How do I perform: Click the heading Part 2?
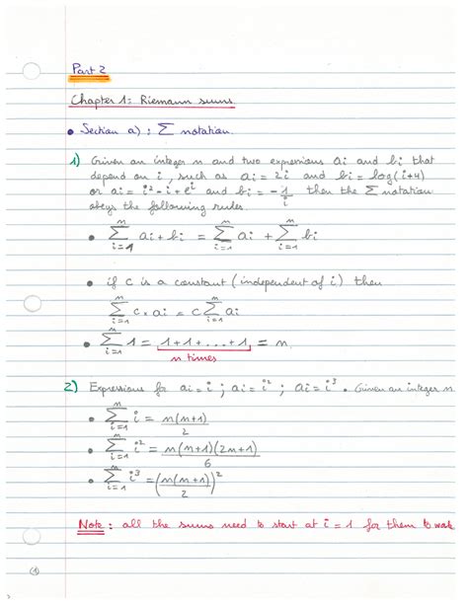click(88, 69)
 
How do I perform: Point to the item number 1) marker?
click(74, 160)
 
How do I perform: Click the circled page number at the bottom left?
click(33, 571)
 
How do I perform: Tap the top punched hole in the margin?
click(32, 72)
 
